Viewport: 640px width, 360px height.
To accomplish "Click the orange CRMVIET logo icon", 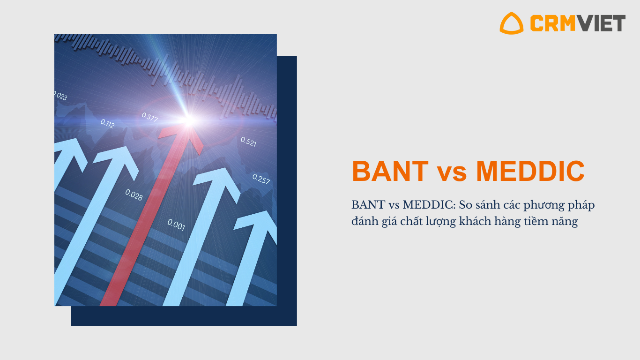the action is (x=512, y=23).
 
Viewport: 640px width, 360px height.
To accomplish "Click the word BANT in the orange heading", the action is (x=390, y=171).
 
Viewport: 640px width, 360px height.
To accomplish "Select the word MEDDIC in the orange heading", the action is (x=530, y=171).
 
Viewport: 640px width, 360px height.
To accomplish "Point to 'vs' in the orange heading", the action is (x=452, y=173).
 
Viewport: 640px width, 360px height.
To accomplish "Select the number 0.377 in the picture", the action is (x=150, y=117).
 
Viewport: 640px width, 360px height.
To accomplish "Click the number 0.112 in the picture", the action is (x=107, y=124).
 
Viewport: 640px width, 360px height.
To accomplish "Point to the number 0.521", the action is (x=248, y=142).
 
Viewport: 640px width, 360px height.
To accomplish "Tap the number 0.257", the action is (x=261, y=179).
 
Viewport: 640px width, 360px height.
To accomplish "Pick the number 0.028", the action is (x=134, y=195).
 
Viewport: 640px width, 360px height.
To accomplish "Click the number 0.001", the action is (x=176, y=225).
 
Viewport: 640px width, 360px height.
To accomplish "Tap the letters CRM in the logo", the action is (x=552, y=23).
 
